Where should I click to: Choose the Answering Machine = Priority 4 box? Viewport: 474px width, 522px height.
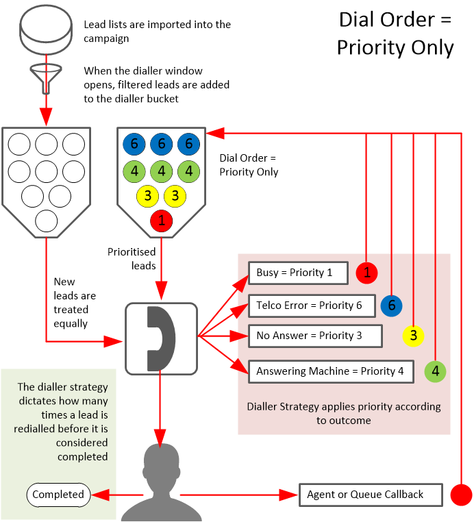click(331, 371)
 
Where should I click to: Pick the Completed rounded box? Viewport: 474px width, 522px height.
click(58, 495)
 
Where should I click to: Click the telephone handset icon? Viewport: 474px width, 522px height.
click(161, 338)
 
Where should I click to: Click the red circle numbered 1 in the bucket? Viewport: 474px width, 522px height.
click(162, 221)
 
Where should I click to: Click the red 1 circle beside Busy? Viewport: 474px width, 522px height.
click(368, 273)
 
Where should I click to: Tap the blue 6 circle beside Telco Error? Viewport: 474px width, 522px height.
click(392, 306)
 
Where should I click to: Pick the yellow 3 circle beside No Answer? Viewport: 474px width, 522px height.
click(414, 336)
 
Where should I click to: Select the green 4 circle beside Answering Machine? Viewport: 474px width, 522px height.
click(436, 372)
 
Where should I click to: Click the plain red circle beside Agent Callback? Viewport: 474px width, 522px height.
click(462, 495)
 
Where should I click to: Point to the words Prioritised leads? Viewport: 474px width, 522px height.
click(132, 259)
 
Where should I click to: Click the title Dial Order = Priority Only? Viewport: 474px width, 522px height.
click(395, 33)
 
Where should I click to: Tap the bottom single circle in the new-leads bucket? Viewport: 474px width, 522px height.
click(47, 221)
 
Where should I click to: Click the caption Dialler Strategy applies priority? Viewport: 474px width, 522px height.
click(344, 412)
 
